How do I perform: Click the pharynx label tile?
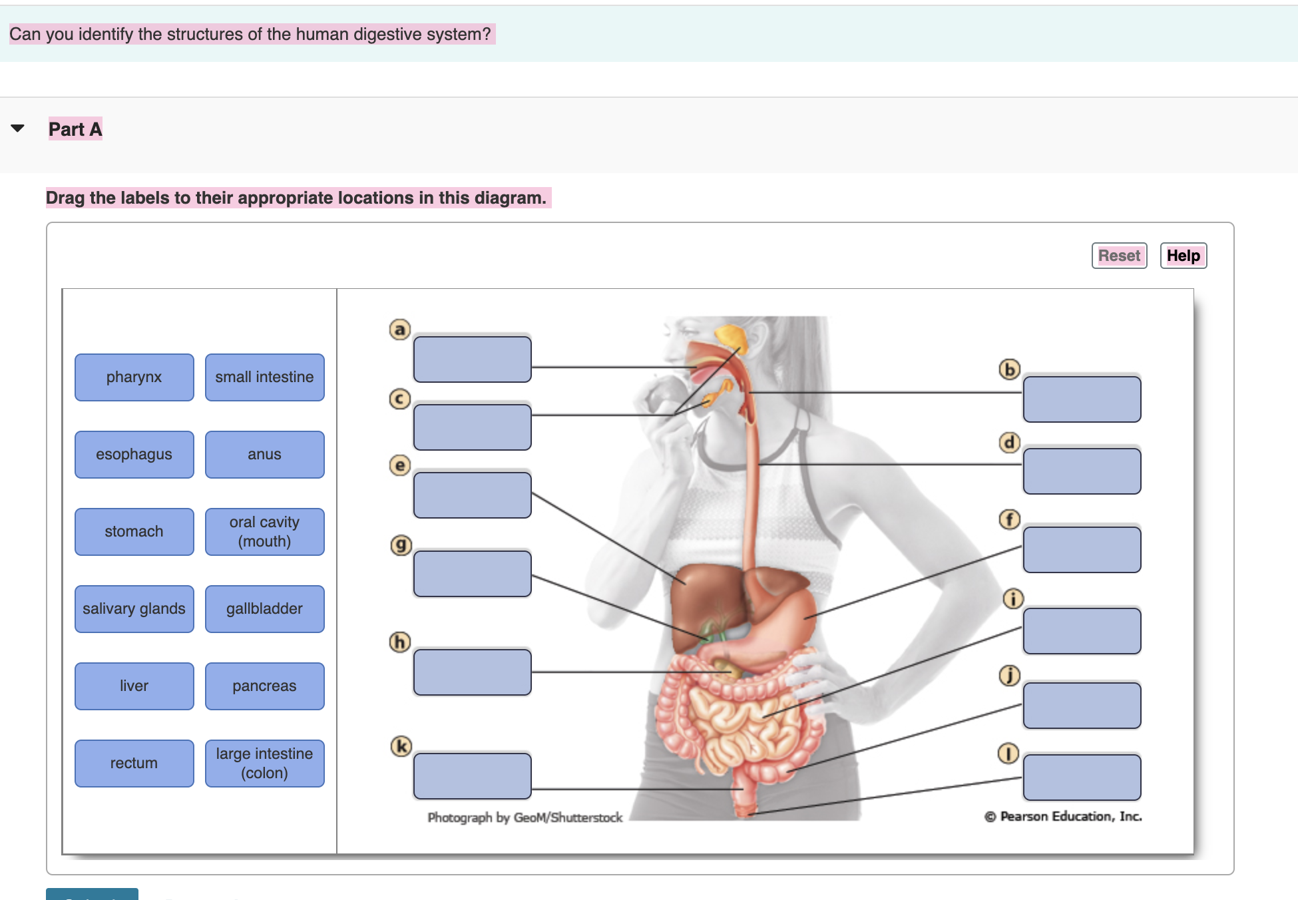(x=134, y=377)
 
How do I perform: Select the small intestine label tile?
(x=264, y=377)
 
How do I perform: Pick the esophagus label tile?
(x=134, y=454)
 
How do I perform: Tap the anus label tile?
(x=264, y=454)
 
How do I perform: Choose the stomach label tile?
(x=134, y=531)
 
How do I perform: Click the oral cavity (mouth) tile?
(x=264, y=531)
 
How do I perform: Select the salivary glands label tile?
(x=134, y=608)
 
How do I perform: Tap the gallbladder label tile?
(x=264, y=608)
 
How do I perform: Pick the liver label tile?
(x=134, y=686)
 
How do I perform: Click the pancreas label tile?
(x=264, y=686)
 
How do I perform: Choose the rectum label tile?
(x=134, y=763)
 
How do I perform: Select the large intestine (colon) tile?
(x=264, y=763)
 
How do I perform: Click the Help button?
(x=1183, y=256)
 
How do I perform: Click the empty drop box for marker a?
(x=472, y=359)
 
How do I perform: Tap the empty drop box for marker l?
(x=1082, y=777)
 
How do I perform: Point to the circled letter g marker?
(x=400, y=545)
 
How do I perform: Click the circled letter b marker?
(x=1009, y=369)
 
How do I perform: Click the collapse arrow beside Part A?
(x=18, y=128)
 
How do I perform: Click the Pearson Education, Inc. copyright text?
(x=1063, y=816)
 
